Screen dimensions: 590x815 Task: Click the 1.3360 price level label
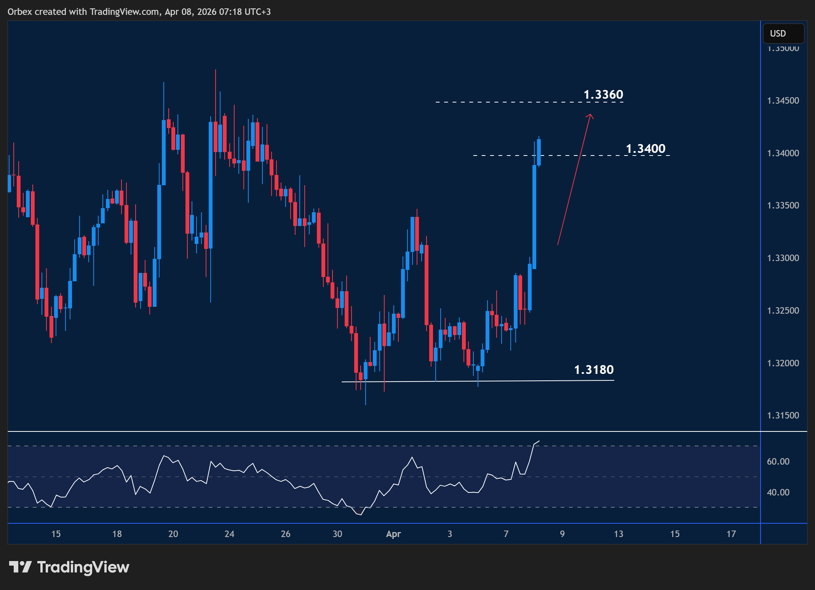point(603,95)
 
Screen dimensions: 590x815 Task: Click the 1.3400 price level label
point(646,149)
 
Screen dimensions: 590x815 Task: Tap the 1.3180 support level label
point(594,370)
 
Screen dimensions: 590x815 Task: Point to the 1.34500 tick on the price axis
point(783,101)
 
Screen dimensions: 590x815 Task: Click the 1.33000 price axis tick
point(783,258)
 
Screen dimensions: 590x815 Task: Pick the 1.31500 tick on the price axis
point(783,415)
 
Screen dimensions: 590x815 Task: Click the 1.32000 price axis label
point(783,363)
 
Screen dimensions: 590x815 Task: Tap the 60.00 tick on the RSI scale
point(778,462)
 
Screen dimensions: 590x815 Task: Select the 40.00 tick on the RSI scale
point(778,492)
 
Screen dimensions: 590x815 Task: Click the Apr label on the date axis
point(393,534)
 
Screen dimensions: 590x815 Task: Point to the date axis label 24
point(229,534)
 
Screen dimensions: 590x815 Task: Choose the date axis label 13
point(618,534)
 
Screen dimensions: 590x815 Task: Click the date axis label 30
point(337,534)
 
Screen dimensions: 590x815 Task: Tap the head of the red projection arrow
point(590,115)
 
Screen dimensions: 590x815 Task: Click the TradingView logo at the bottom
point(69,567)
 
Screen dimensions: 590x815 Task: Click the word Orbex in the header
point(20,12)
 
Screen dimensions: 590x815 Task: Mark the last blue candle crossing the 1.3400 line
point(539,152)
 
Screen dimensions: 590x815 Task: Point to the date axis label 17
point(731,534)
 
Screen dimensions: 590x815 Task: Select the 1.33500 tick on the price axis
point(783,205)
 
